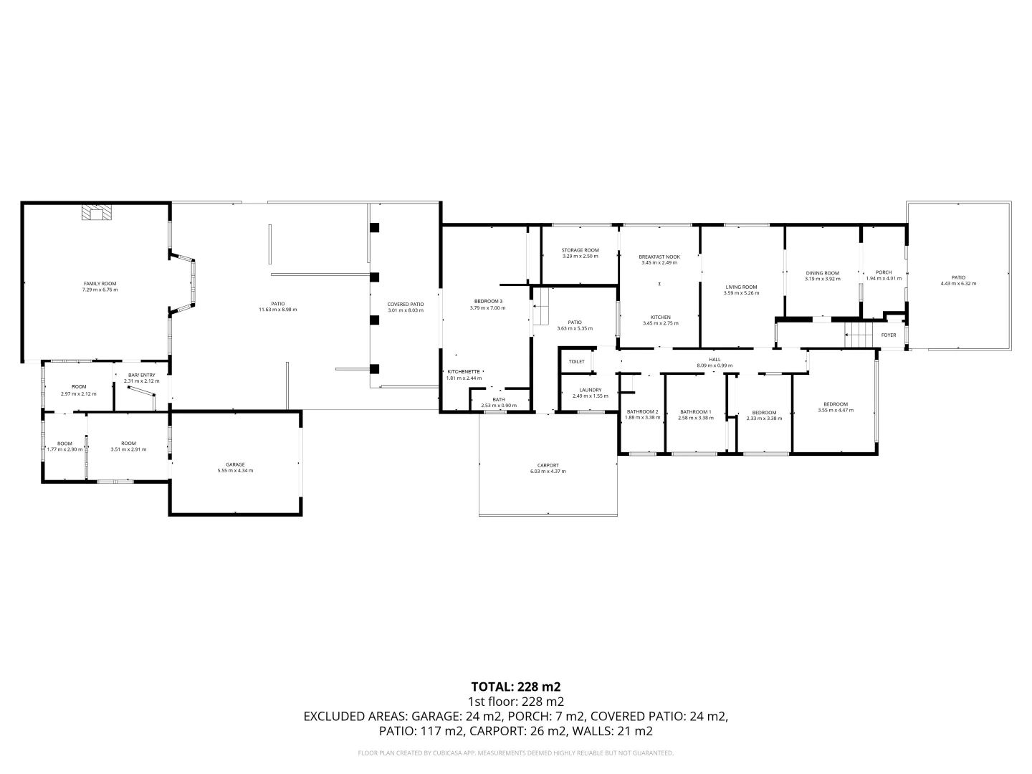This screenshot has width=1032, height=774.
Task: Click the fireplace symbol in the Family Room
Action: pyautogui.click(x=95, y=213)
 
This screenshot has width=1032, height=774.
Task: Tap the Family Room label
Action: pyautogui.click(x=100, y=284)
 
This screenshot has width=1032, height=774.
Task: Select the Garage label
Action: pyautogui.click(x=235, y=464)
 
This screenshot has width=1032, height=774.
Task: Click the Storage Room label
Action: pyautogui.click(x=580, y=250)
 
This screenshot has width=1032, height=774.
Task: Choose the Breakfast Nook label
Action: pyautogui.click(x=659, y=257)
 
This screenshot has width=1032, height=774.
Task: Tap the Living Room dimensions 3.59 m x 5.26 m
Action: pyautogui.click(x=740, y=293)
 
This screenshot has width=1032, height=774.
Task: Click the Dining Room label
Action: pyautogui.click(x=822, y=273)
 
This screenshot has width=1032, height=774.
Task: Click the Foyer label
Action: pyautogui.click(x=888, y=335)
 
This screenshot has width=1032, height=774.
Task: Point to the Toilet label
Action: pyautogui.click(x=576, y=362)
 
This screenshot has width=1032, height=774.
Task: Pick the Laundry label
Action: pyautogui.click(x=590, y=390)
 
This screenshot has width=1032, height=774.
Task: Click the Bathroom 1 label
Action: pyautogui.click(x=695, y=411)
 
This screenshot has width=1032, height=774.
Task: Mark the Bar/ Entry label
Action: pyautogui.click(x=140, y=375)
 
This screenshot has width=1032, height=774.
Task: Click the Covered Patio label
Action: pyautogui.click(x=405, y=304)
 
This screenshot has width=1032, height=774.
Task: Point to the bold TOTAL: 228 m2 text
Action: pyautogui.click(x=515, y=687)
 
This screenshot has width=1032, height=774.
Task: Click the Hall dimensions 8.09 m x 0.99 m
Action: pyautogui.click(x=715, y=365)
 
